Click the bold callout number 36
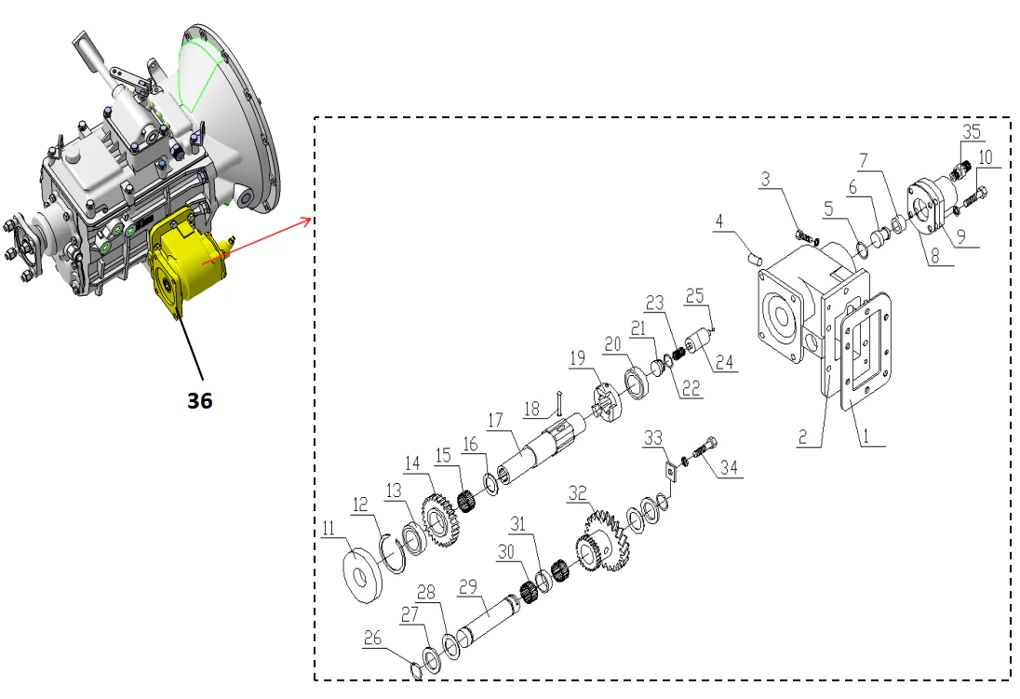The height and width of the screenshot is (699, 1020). point(198,401)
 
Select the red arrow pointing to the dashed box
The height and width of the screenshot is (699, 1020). point(270,236)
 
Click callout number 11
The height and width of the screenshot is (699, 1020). point(328,529)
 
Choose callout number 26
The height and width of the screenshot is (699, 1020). point(372,640)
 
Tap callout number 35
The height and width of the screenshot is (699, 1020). point(972,129)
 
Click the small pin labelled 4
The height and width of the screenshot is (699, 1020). point(756,250)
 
